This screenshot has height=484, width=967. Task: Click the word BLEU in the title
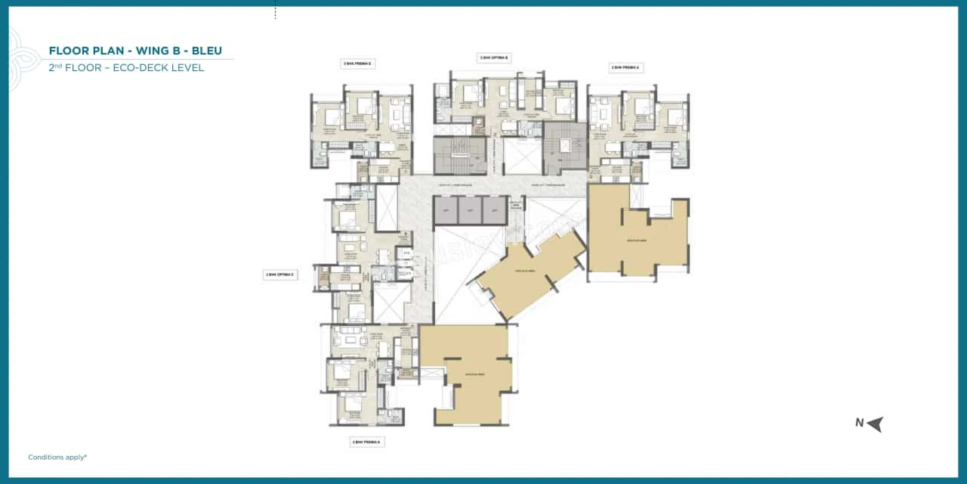tap(206, 51)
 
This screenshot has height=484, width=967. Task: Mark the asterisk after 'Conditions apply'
tap(86, 456)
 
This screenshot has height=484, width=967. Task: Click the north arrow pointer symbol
tap(875, 423)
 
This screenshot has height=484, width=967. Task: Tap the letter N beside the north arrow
tap(859, 423)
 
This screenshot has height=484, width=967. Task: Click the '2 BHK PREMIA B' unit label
tap(358, 64)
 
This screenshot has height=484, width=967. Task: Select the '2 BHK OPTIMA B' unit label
tap(494, 57)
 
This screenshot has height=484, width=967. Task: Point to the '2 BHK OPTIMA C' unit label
tap(280, 275)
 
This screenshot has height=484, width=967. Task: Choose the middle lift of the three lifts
tap(470, 210)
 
